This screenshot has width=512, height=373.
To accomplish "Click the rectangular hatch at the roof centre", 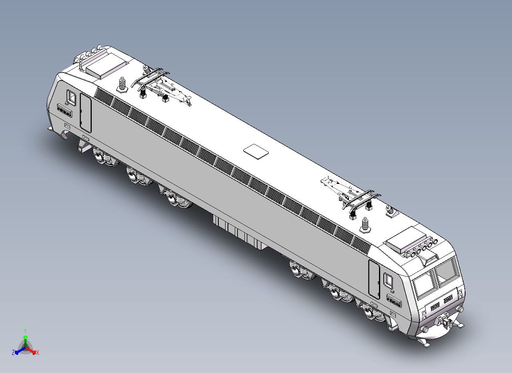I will point(256,151).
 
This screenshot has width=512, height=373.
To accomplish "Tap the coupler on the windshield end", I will point(445,321).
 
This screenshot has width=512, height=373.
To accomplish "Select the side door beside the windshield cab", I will point(374,280).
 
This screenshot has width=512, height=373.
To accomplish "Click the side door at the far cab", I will point(85,113).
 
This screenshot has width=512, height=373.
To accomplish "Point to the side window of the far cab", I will point(71,97).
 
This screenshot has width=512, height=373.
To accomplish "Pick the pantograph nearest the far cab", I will point(160,86).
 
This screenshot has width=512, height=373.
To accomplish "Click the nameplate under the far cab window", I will point(65,110).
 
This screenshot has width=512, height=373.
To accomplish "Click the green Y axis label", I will point(25,331).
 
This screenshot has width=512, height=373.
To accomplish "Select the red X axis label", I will point(38,353).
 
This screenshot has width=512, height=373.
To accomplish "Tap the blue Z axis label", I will point(13,352).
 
